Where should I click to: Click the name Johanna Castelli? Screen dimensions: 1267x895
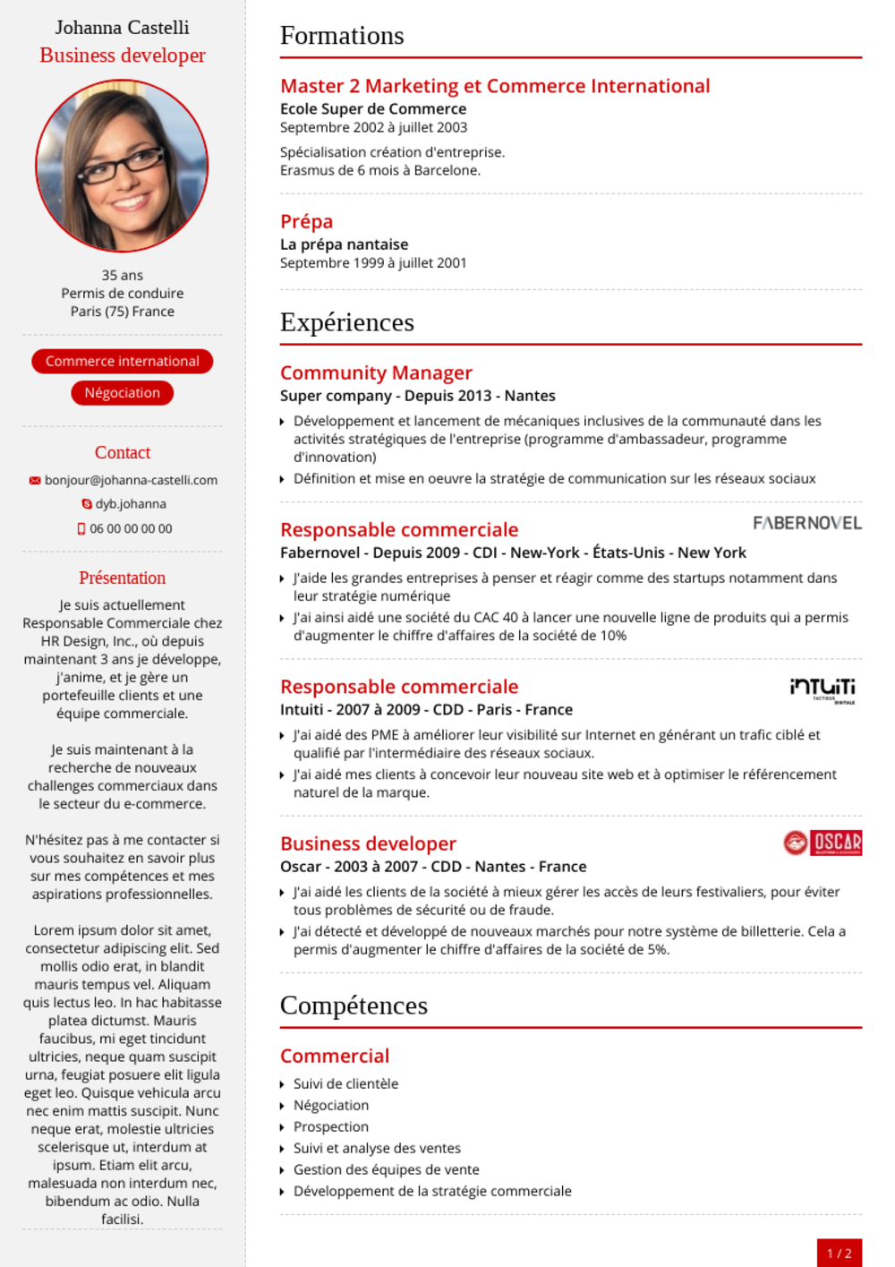pos(122,28)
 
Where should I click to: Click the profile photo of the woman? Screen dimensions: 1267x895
pos(122,166)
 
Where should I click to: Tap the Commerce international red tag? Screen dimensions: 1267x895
pos(123,361)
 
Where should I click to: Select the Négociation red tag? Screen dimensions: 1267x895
pos(123,393)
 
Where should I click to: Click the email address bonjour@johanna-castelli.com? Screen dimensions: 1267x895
pos(131,480)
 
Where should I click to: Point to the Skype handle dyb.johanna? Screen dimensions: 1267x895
pos(131,504)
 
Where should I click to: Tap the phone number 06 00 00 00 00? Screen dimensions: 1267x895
pos(131,528)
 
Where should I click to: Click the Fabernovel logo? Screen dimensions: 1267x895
pos(806,523)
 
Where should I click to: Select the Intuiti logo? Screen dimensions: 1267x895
pos(823,689)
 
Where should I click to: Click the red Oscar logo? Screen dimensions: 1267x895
pos(823,843)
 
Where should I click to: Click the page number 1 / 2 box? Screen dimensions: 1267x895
pos(839,1253)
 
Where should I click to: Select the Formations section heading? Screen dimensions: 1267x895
pos(342,36)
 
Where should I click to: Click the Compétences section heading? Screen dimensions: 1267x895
pos(354,1006)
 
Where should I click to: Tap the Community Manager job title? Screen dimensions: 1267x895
pos(376,372)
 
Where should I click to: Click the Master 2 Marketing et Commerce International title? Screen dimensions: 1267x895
pos(495,86)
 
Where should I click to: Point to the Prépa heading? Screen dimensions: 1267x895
pos(306,221)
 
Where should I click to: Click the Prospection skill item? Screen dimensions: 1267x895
pos(331,1126)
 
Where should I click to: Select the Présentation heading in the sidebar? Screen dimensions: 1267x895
pos(123,578)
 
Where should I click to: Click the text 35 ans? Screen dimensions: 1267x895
pos(123,275)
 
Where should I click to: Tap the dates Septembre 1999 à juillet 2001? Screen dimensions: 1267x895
pos(373,263)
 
